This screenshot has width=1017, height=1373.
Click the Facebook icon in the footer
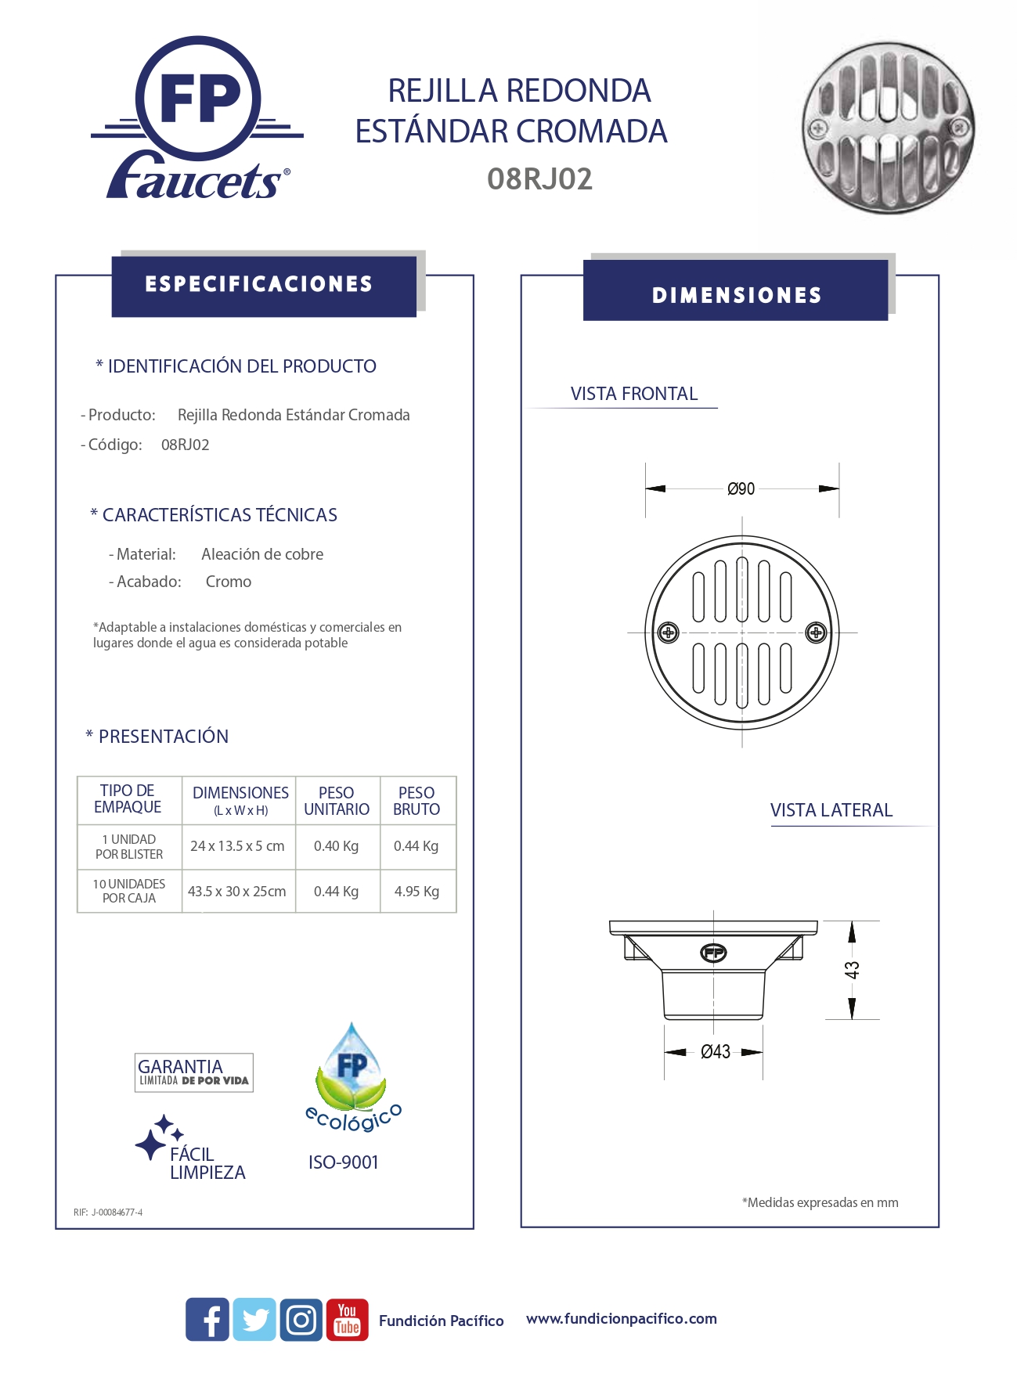(x=207, y=1319)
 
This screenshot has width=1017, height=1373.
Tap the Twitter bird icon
(x=254, y=1319)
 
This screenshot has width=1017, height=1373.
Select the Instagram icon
(x=301, y=1319)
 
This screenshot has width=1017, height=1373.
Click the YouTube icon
(x=347, y=1319)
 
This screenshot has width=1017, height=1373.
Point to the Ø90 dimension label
(x=741, y=489)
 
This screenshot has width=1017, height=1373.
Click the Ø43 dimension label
(x=716, y=1052)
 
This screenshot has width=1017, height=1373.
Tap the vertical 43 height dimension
(x=852, y=970)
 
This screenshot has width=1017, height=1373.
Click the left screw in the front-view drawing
(x=668, y=632)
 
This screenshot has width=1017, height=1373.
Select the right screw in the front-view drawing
(x=816, y=632)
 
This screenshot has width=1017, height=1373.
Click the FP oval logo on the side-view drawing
(x=713, y=953)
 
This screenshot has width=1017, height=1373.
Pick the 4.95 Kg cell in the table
(x=417, y=892)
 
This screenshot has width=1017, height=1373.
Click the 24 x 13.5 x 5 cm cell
(x=237, y=846)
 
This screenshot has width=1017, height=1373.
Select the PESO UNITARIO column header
(x=337, y=801)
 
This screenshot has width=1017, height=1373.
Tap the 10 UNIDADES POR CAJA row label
(x=129, y=891)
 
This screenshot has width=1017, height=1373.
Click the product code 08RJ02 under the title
(x=539, y=179)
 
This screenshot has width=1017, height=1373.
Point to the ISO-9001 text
(x=343, y=1162)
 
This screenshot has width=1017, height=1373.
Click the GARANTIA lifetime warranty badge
(x=193, y=1072)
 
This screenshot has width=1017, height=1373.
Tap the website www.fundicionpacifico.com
(x=621, y=1319)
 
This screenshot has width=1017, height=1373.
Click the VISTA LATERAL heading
(x=831, y=810)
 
